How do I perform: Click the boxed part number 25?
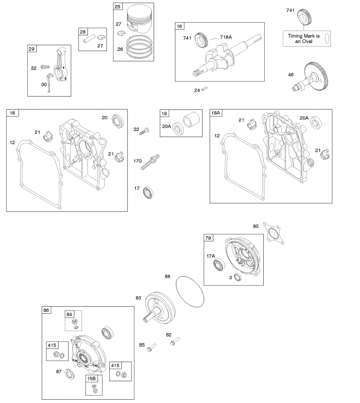(x=118, y=7)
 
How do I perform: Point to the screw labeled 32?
(x=45, y=67)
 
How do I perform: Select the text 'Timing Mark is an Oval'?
(x=303, y=39)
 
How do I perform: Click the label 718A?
(x=225, y=37)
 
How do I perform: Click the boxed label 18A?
(x=216, y=113)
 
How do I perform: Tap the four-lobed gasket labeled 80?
(x=273, y=232)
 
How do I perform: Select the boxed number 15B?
(x=92, y=378)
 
